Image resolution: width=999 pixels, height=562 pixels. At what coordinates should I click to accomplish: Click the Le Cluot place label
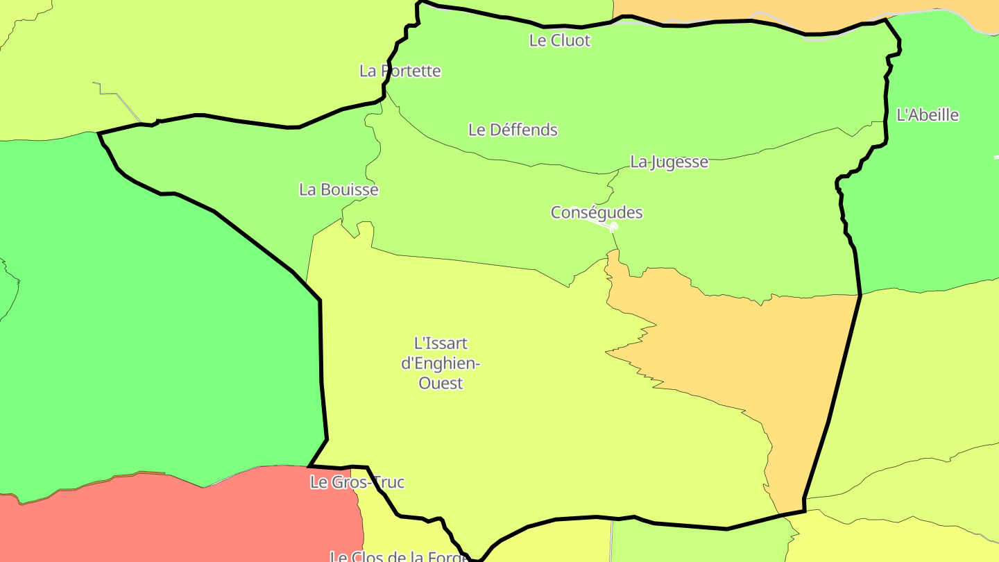(x=559, y=40)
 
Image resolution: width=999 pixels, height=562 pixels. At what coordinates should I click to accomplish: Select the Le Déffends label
(x=513, y=130)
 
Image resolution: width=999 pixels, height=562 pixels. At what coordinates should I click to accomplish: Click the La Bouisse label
(x=339, y=189)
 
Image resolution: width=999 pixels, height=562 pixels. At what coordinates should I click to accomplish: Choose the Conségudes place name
(x=597, y=212)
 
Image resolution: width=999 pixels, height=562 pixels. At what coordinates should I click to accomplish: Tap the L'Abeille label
(x=928, y=115)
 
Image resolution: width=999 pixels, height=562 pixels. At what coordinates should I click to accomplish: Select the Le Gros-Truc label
(x=357, y=482)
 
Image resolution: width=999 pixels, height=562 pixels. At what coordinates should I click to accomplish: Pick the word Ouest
(x=441, y=383)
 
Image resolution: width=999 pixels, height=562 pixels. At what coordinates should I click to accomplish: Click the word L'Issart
(x=441, y=343)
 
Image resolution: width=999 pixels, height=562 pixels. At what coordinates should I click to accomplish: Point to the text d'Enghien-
(x=441, y=363)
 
